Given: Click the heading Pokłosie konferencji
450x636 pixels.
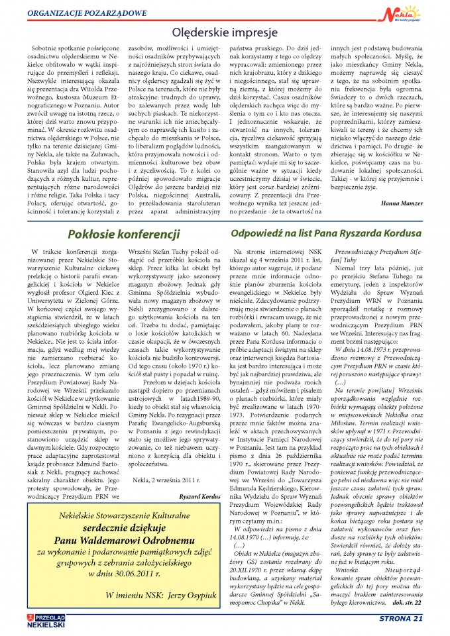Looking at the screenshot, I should [124, 235].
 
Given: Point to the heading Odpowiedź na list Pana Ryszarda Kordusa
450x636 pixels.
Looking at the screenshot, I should [327, 233].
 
